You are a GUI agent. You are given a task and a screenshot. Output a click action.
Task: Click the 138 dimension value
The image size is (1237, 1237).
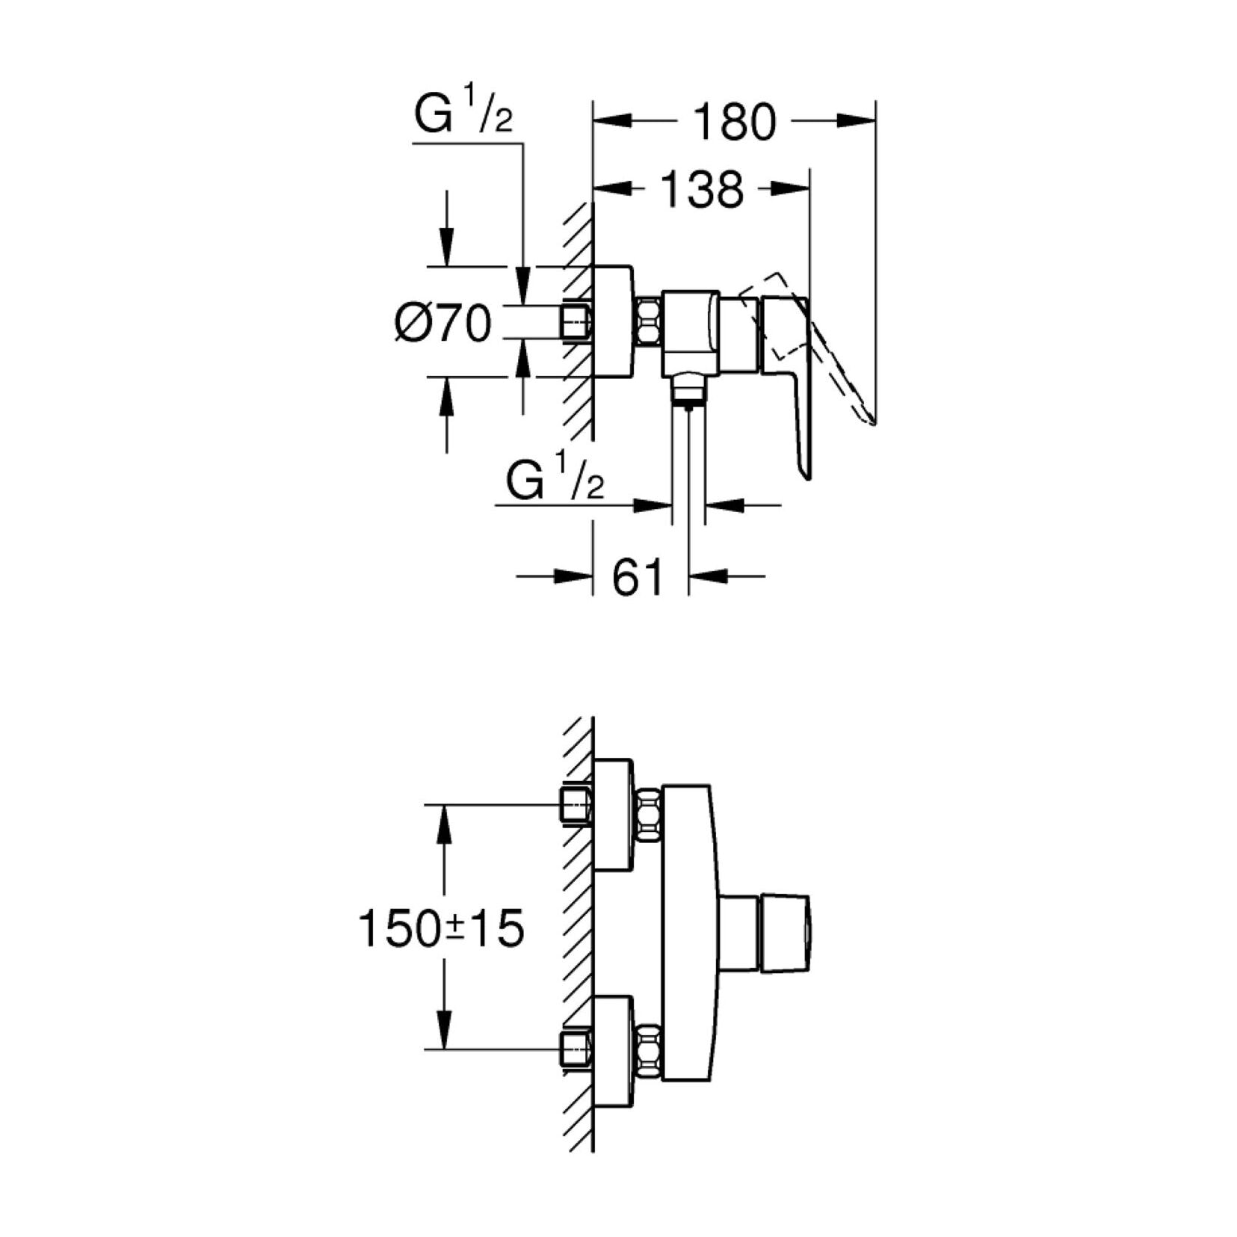[x=702, y=190]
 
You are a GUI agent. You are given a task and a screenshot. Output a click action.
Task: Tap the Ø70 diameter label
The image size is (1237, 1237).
[x=443, y=324]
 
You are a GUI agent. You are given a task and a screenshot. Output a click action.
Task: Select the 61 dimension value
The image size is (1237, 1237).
[x=638, y=577]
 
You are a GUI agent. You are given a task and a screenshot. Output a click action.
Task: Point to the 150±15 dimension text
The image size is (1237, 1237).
[x=442, y=929]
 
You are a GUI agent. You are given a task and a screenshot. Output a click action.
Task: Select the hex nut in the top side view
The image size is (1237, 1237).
[x=648, y=322]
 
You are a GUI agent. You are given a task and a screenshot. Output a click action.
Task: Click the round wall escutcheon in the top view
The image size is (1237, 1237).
[x=613, y=321]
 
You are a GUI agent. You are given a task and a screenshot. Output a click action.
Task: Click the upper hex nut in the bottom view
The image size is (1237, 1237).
[x=648, y=816]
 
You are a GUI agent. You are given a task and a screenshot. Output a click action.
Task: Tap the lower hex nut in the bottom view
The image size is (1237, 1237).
[x=648, y=1051]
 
